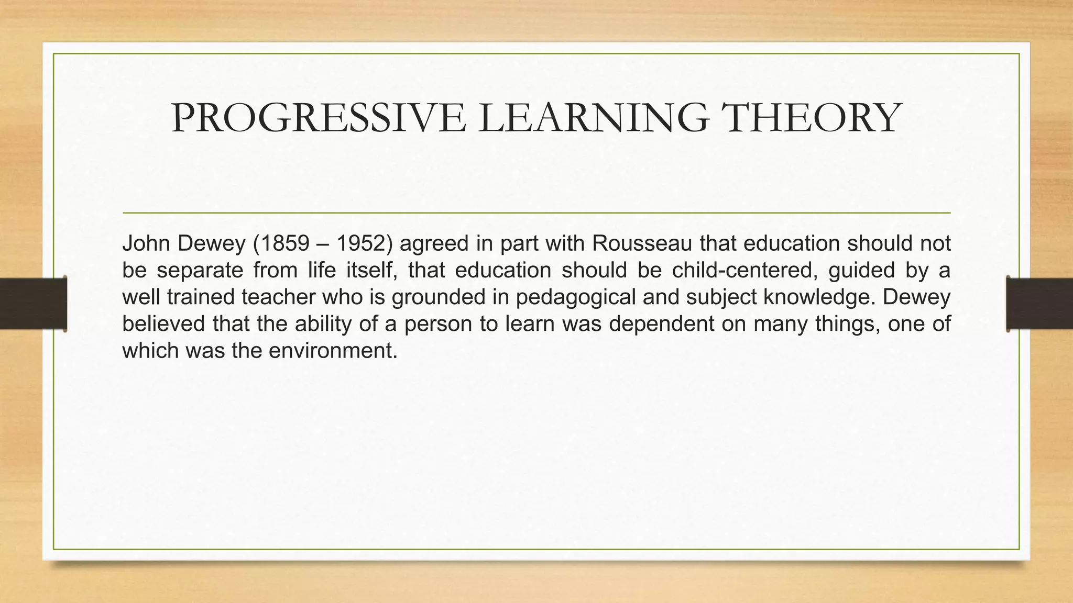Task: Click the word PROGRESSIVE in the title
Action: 318,118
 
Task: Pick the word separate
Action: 200,271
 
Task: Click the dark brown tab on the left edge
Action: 33,304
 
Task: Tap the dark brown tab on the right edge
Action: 1039,304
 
